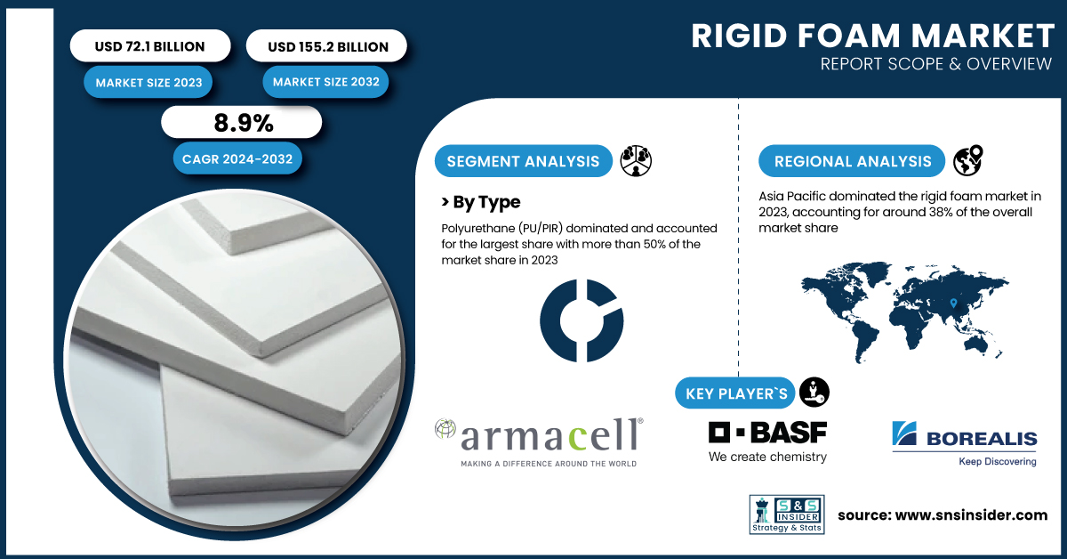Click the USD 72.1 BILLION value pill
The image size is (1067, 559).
tap(150, 45)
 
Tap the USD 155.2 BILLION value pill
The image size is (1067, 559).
tap(326, 45)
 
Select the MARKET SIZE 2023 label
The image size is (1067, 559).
tap(148, 83)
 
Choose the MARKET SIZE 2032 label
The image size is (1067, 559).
tap(325, 82)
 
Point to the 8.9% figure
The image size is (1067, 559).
tap(244, 123)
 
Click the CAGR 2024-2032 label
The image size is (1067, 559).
tap(237, 158)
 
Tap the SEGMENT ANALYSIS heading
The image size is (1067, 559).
tap(523, 161)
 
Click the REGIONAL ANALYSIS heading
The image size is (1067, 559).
tap(852, 161)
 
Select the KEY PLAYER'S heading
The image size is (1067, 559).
tap(735, 393)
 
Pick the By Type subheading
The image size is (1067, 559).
tap(481, 202)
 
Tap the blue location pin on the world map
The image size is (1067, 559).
tap(953, 303)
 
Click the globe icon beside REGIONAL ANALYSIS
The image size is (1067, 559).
tap(968, 160)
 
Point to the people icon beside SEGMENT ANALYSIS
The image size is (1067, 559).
tap(636, 161)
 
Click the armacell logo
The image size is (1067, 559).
tap(539, 442)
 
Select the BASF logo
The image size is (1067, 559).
tap(767, 442)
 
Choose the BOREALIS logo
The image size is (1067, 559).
tap(964, 443)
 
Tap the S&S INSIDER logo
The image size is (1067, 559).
tap(787, 514)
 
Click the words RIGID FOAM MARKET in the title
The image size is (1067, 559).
tap(872, 36)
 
